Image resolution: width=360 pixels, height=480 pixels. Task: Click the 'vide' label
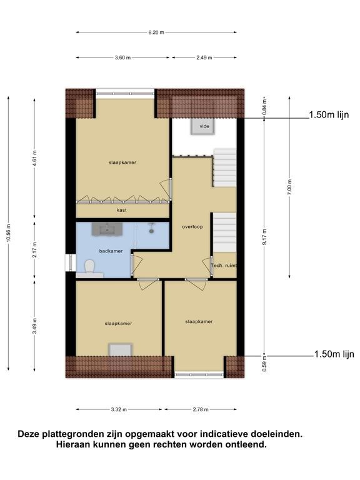(x=204, y=126)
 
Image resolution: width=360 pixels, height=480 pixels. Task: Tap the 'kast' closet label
(x=121, y=210)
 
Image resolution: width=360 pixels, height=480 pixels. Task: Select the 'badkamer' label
(x=111, y=251)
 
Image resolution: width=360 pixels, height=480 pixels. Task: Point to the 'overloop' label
(x=192, y=227)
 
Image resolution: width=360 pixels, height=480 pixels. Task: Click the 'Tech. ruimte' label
(x=224, y=266)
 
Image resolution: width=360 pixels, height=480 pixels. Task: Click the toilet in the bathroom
(x=90, y=267)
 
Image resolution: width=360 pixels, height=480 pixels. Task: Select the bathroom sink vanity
(x=107, y=229)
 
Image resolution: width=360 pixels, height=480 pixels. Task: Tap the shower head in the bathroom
(x=151, y=229)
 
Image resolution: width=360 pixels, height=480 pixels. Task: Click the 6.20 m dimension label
(x=156, y=32)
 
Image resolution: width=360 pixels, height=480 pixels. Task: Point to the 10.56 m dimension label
(x=9, y=233)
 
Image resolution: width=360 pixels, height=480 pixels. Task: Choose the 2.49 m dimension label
(x=204, y=57)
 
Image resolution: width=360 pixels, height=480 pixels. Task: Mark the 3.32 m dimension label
(x=119, y=409)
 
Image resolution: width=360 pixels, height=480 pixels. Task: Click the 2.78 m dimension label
(x=201, y=409)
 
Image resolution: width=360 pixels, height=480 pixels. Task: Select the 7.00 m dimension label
(x=289, y=187)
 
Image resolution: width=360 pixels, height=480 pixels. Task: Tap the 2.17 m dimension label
(x=34, y=250)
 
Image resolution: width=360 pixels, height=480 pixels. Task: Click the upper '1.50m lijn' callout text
(x=329, y=115)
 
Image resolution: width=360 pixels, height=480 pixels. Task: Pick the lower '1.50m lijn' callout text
(x=334, y=354)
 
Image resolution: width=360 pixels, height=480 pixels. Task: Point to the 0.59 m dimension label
(x=264, y=363)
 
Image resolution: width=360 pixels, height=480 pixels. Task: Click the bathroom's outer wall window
(x=71, y=262)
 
